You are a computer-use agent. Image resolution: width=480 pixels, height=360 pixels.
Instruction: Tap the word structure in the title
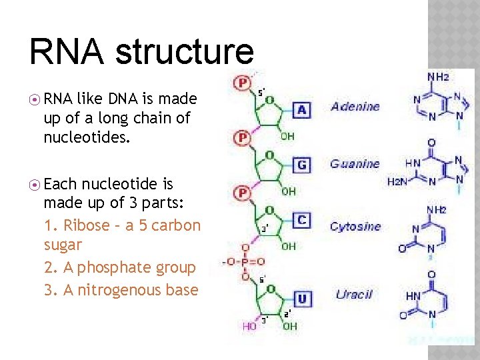[x=185, y=52]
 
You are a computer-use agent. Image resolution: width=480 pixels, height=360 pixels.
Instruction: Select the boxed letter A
[x=301, y=109]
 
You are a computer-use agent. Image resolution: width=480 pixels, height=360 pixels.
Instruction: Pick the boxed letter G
[x=301, y=164]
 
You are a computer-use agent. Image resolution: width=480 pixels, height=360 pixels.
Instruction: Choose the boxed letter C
[x=301, y=219]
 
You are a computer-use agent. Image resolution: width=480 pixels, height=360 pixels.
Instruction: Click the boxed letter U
[x=302, y=299]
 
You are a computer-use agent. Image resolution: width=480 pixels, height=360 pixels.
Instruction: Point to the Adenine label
[x=355, y=106]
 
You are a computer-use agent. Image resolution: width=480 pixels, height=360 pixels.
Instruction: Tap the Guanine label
[x=355, y=163]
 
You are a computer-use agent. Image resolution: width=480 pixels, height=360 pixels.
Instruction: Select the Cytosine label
[x=355, y=226]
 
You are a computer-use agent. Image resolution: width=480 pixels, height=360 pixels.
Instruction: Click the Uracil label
[x=353, y=294]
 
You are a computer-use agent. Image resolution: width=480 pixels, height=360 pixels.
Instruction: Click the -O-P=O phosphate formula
[x=245, y=261]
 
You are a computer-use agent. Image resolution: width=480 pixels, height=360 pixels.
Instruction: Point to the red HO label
[x=249, y=327]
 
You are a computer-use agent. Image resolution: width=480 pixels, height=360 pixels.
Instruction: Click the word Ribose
[x=86, y=225]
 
